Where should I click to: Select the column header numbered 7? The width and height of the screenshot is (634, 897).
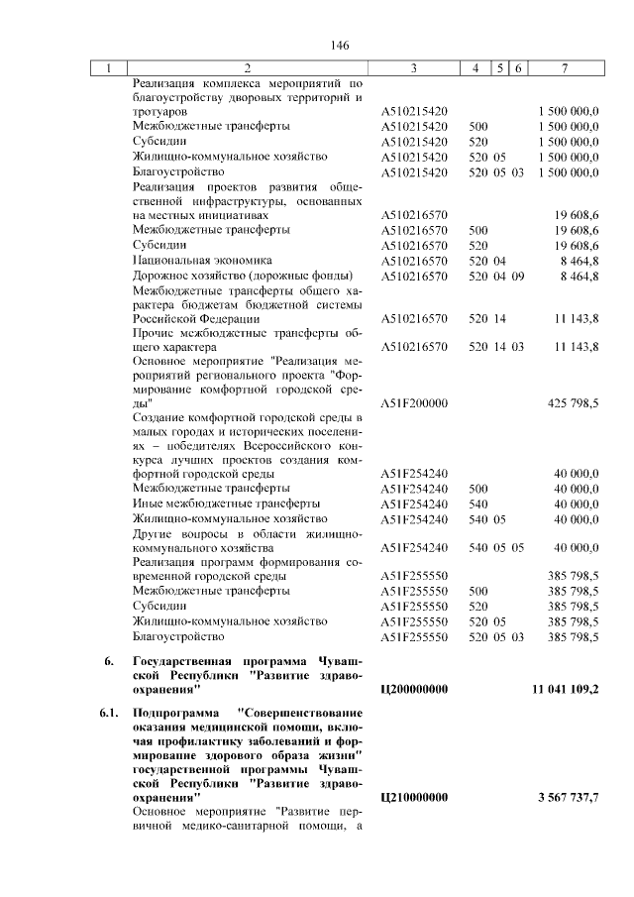coord(564,68)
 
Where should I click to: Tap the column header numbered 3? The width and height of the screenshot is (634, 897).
coord(413,68)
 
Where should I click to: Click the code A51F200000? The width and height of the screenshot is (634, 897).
coord(414,404)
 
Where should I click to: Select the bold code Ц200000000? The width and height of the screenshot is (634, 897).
coord(414,688)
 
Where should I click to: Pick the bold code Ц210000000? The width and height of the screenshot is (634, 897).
coord(414,797)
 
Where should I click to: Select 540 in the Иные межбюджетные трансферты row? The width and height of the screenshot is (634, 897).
coord(477,504)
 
